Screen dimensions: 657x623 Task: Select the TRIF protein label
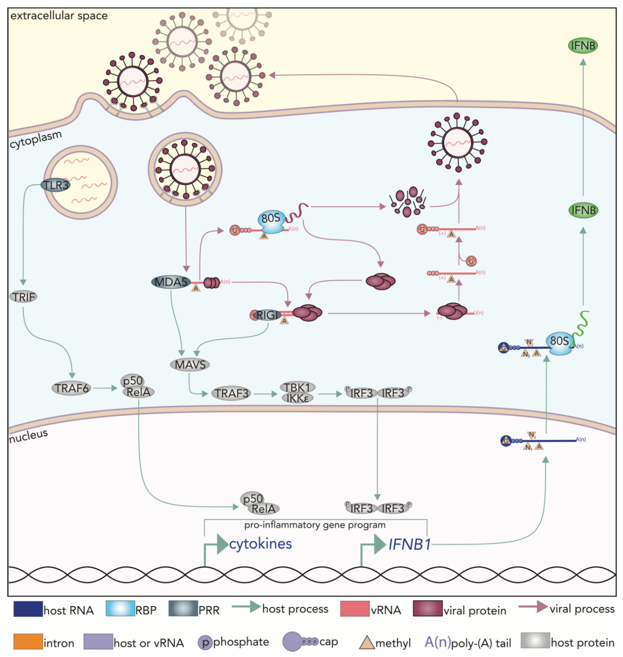coord(23,296)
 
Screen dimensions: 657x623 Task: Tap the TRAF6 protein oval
coord(71,388)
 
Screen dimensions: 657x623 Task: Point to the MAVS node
coord(190,365)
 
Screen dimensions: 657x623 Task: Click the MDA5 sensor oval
coord(171,282)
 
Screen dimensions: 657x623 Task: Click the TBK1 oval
coord(298,387)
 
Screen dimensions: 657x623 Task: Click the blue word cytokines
coord(260,544)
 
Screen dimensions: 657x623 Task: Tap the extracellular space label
coord(59,16)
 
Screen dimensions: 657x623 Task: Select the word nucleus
coord(29,436)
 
